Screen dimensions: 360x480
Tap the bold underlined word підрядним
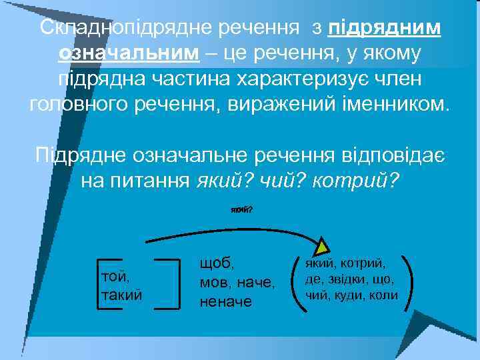(385, 28)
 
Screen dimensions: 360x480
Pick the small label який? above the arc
(241, 209)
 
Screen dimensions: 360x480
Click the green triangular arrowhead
(323, 245)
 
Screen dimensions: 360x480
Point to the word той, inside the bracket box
(115, 275)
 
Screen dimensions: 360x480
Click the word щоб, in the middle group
(219, 263)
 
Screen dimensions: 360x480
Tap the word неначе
(226, 302)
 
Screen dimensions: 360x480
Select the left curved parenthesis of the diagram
(298, 280)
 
